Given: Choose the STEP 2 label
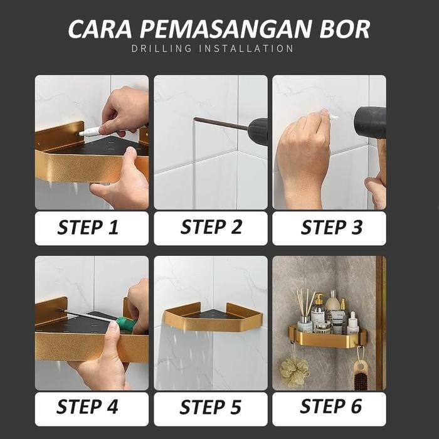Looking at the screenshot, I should [x=211, y=228].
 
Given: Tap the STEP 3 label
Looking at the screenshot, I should [x=331, y=228].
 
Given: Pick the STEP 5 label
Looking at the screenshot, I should [x=211, y=408].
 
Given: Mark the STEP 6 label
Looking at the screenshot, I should [x=331, y=407].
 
